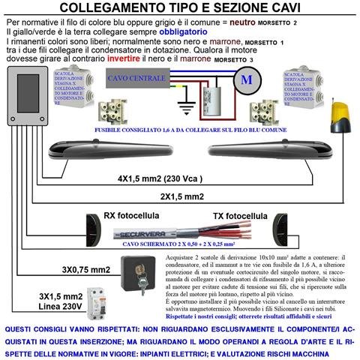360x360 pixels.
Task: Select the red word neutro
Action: point(253,23)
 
